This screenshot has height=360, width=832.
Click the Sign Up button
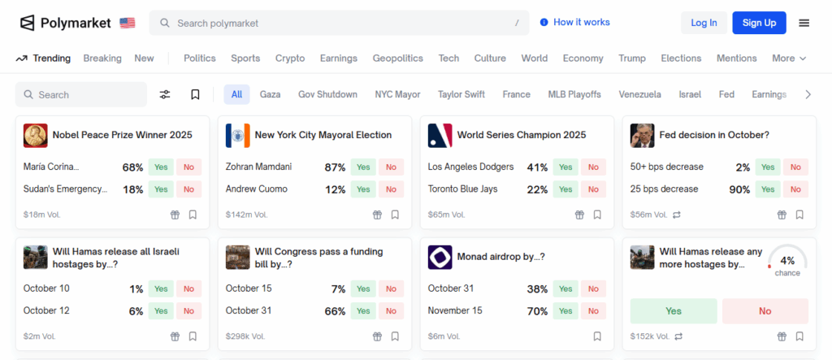[x=759, y=23]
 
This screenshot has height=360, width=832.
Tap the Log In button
[x=704, y=23]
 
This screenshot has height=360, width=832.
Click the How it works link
[x=574, y=23]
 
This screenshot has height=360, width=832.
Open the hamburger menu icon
[x=804, y=23]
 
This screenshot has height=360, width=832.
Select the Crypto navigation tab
[x=290, y=59]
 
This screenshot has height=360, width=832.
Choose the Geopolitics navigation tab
[x=397, y=59]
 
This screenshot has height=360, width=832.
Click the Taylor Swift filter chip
[x=461, y=94]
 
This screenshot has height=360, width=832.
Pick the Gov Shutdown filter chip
[x=327, y=94]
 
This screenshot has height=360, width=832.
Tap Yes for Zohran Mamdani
[x=363, y=167]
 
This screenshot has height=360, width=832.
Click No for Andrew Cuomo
[x=391, y=189]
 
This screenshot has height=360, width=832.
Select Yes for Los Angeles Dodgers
[x=565, y=167]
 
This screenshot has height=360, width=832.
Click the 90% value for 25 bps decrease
[x=739, y=189]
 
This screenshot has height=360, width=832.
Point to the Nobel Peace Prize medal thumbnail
[x=36, y=136]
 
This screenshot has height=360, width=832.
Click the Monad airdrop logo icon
[x=440, y=258]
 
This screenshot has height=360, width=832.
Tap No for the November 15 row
[x=593, y=311]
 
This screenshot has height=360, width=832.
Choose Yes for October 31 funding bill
[x=363, y=311]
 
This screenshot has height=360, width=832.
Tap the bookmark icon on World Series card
[x=597, y=215]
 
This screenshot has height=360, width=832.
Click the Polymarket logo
[x=65, y=23]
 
